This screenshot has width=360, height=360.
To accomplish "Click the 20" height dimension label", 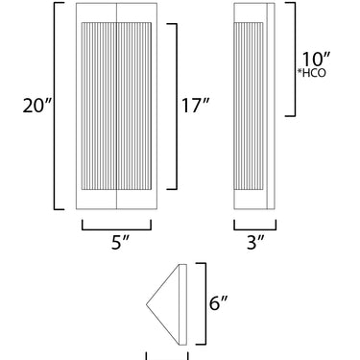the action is [x=37, y=106].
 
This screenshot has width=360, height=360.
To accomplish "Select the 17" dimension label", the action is [x=196, y=106].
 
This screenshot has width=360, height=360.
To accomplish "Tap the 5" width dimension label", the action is [x=120, y=243].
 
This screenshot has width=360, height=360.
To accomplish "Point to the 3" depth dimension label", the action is [x=256, y=242].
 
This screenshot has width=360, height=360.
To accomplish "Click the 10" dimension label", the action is [x=316, y=60].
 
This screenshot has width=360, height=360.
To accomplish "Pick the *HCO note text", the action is [x=312, y=73].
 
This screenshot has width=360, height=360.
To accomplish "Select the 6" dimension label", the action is [x=218, y=302].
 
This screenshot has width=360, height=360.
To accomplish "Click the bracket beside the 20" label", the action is [x=55, y=106].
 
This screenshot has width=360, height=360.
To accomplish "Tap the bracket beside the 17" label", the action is [x=177, y=107].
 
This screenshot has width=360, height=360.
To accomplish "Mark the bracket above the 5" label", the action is [x=116, y=229].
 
